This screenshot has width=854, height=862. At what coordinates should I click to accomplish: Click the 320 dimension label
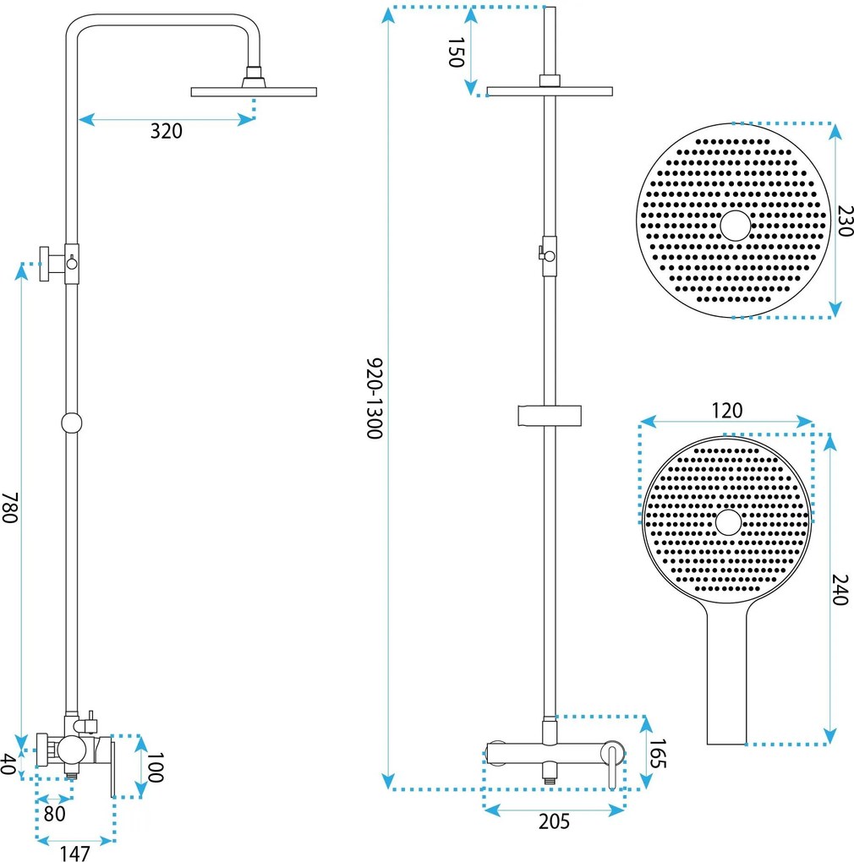coord(166,131)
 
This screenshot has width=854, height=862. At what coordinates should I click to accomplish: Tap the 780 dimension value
coord(10,507)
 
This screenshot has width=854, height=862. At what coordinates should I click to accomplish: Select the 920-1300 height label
coord(375,399)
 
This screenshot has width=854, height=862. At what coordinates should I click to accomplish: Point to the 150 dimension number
coord(457,52)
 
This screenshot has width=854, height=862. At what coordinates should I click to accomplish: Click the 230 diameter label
coord(845,221)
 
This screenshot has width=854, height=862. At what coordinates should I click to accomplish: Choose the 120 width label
coord(727,410)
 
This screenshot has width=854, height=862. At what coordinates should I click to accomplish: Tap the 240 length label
coord(839,590)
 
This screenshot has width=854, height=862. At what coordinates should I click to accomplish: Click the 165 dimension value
coord(658,754)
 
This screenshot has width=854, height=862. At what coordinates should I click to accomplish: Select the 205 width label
coord(555,821)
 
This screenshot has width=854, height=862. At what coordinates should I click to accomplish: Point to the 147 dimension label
coord(74,854)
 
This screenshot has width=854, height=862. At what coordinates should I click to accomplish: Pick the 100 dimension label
coord(156,767)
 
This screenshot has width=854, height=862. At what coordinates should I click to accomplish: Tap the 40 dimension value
coord(8,764)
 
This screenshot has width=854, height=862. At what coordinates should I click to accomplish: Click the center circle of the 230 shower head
coord(736,226)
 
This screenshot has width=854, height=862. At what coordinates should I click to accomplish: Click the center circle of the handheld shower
coord(728,522)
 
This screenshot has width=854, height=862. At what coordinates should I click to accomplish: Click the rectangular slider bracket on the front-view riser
coord(550,416)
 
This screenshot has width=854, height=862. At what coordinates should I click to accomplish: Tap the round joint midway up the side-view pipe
coord(72,423)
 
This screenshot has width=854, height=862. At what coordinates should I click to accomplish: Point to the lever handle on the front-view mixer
coord(612,766)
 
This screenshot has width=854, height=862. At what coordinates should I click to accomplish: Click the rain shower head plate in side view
coord(254,92)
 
